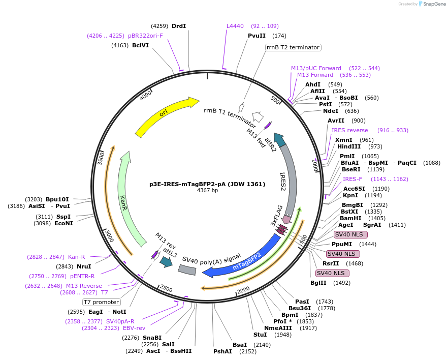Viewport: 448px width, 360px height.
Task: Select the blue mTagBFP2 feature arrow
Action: tap(244, 259)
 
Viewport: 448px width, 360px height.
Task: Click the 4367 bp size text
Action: tap(207, 191)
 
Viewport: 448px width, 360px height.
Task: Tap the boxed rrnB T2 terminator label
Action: tap(293, 47)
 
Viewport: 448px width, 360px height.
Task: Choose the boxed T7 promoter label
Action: tap(102, 302)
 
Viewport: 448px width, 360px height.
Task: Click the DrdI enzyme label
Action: tap(179, 26)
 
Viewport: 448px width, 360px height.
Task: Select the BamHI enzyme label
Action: tap(350, 218)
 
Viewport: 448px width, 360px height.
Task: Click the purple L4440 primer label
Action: tap(235, 26)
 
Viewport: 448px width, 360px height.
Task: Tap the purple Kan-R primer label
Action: tap(77, 257)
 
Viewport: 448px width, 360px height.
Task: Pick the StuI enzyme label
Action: tap(260, 335)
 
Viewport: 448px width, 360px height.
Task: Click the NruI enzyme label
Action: tap(84, 266)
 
